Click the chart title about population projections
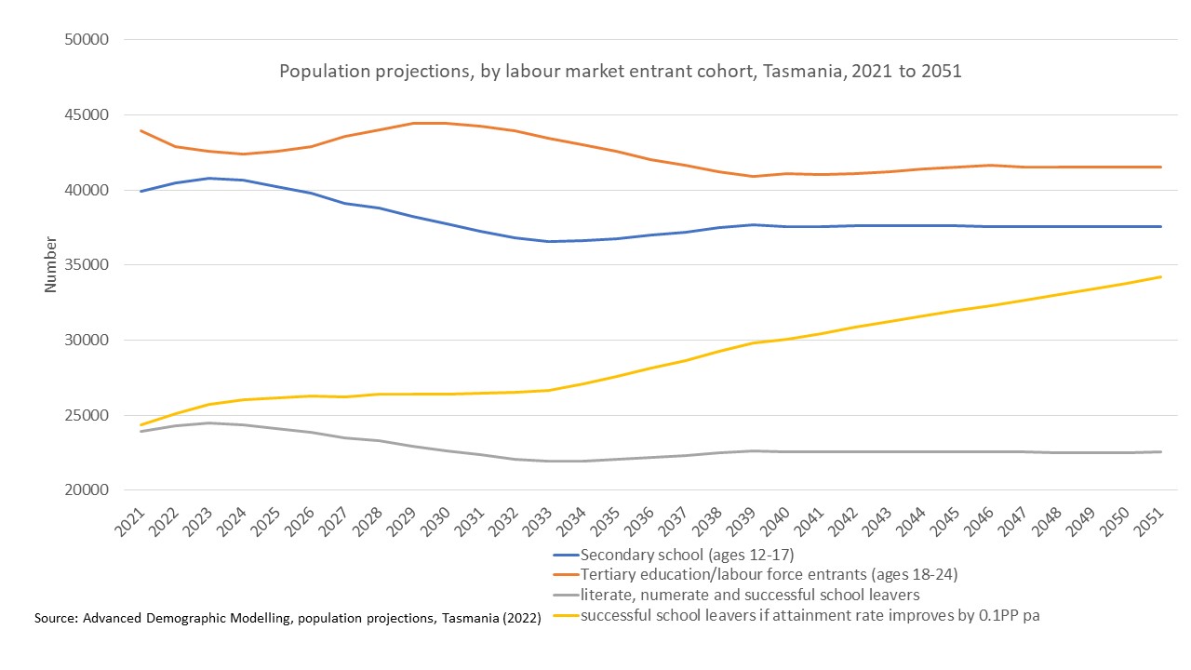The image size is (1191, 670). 621,72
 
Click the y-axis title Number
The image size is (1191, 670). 51,265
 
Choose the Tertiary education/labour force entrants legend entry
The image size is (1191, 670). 769,575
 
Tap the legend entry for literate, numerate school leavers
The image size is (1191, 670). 750,596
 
